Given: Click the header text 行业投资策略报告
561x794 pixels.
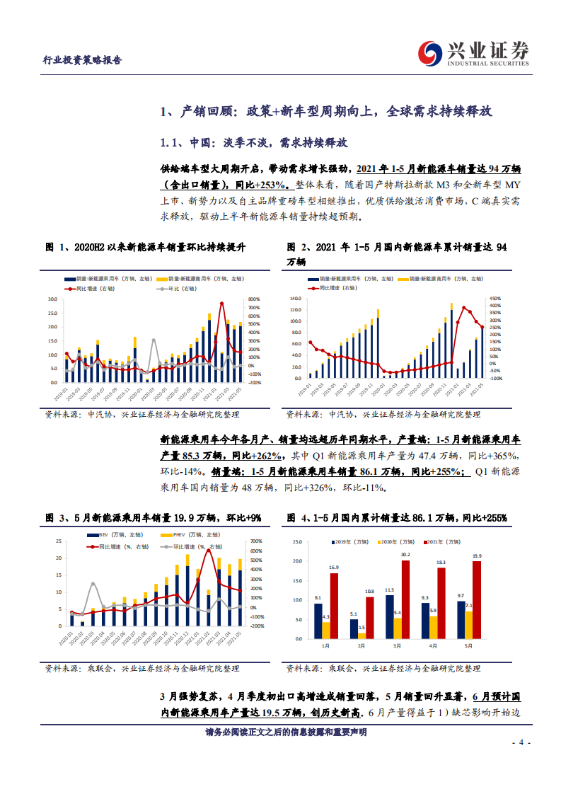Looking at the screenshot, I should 78,60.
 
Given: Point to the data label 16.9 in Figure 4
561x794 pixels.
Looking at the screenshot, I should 334,567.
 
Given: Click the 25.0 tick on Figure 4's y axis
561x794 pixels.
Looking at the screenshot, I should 296,542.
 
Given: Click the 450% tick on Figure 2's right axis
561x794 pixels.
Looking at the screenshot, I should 495,299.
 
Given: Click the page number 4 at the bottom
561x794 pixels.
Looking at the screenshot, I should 520,743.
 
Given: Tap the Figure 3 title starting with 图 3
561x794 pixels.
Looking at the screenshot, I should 153,519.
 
